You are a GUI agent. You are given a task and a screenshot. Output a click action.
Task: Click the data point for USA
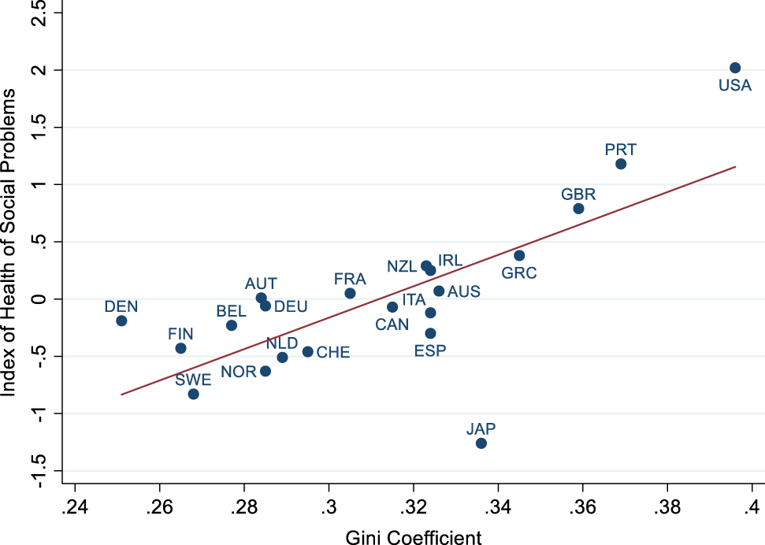[x=735, y=68]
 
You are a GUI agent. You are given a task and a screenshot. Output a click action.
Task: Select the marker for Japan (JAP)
[x=481, y=443]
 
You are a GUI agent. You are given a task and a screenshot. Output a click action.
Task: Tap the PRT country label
[x=621, y=149]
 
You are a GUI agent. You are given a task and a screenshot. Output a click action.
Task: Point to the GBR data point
[x=578, y=209]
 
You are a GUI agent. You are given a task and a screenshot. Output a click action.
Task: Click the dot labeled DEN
[x=121, y=321]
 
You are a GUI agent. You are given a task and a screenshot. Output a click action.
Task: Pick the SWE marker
[x=193, y=394]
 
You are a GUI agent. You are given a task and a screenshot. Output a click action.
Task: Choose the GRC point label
[x=519, y=273]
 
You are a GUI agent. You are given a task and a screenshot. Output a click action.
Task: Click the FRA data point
[x=350, y=293]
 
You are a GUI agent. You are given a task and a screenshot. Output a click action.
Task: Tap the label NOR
[x=238, y=372]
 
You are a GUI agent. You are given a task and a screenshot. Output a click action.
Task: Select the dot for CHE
[x=307, y=351]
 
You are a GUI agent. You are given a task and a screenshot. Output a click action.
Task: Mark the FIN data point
[x=180, y=348]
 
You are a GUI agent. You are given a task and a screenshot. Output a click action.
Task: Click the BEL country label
[x=231, y=312]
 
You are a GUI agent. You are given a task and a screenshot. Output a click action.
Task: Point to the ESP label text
[x=430, y=350]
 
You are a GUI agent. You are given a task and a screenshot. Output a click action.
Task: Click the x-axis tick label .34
[x=498, y=504]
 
